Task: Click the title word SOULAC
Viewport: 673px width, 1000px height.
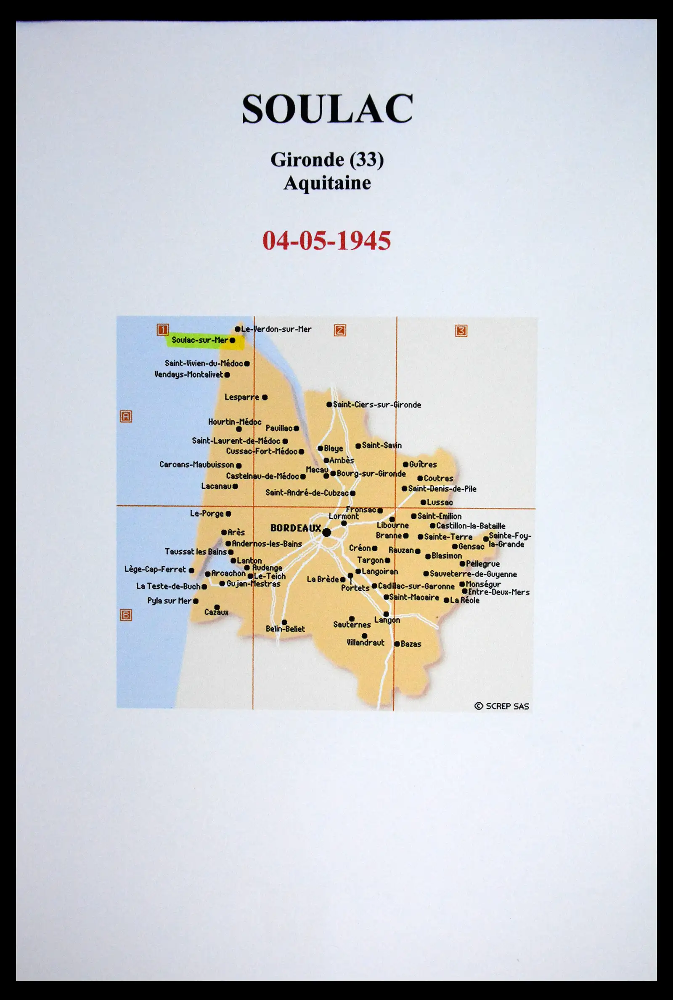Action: pos(327,109)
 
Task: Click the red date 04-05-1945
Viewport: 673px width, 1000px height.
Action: pos(327,240)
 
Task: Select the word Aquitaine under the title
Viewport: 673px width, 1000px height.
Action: pos(327,183)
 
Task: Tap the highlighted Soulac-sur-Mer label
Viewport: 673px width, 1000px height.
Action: pos(200,340)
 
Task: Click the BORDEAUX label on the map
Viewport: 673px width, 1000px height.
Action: pos(295,528)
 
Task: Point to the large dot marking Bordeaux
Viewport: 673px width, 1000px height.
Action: pos(327,533)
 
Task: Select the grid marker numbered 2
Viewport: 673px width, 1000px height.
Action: pos(340,331)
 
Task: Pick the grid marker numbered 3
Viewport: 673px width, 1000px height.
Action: pos(461,331)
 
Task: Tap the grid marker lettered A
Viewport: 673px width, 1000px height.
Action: pos(126,416)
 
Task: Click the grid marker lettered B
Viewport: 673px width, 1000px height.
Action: pos(126,615)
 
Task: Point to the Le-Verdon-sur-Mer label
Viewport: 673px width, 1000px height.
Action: pos(276,329)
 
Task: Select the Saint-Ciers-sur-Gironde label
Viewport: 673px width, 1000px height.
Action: pos(377,405)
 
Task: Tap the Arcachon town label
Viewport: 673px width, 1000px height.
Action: pos(228,573)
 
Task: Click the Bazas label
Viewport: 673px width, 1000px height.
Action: pos(411,644)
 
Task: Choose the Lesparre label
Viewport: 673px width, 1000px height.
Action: pos(241,397)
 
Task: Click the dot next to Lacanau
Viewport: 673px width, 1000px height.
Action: pos(235,486)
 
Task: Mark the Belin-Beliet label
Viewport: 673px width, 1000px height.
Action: pos(285,629)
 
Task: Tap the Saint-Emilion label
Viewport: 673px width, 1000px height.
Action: pos(439,516)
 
